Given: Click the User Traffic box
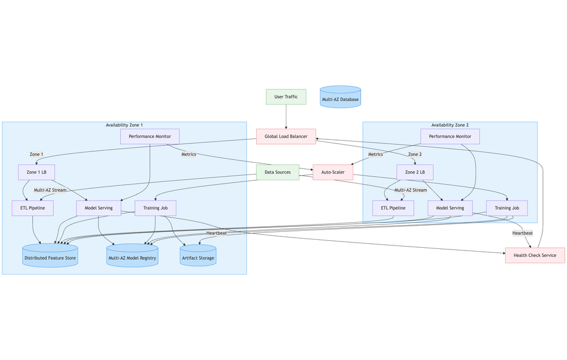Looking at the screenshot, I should point(286,97).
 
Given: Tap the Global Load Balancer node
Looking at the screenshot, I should point(286,137).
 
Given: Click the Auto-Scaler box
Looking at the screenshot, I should point(333,172).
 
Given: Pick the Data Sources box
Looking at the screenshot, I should point(277,172).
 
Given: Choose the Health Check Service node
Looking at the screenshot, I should point(535,255).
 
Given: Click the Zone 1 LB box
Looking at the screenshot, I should point(36,172).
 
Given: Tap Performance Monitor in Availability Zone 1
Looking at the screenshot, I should point(150,137).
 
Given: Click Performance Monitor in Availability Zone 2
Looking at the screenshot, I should point(450,137).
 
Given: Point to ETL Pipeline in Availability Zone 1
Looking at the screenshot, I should point(32,208).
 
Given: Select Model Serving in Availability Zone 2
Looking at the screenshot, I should point(450,208).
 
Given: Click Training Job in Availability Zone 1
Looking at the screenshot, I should point(155,208).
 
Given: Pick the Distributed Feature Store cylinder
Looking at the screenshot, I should point(50,256).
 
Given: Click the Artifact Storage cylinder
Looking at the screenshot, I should point(198,256).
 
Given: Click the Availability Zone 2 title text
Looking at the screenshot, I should point(450,125).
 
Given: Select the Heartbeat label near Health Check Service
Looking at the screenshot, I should point(522,233).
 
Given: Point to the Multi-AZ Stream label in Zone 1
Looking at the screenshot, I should point(50,190).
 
